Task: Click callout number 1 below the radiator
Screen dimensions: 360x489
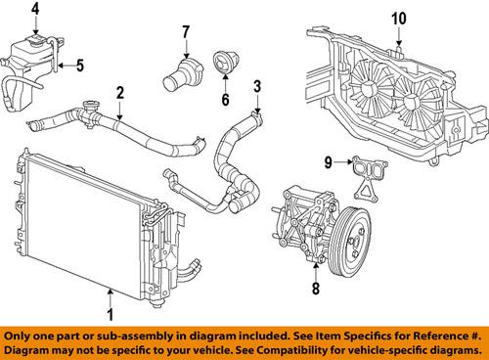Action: tap(110, 314)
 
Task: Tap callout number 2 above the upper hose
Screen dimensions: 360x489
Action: tap(119, 94)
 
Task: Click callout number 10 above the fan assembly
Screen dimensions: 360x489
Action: tap(399, 18)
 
